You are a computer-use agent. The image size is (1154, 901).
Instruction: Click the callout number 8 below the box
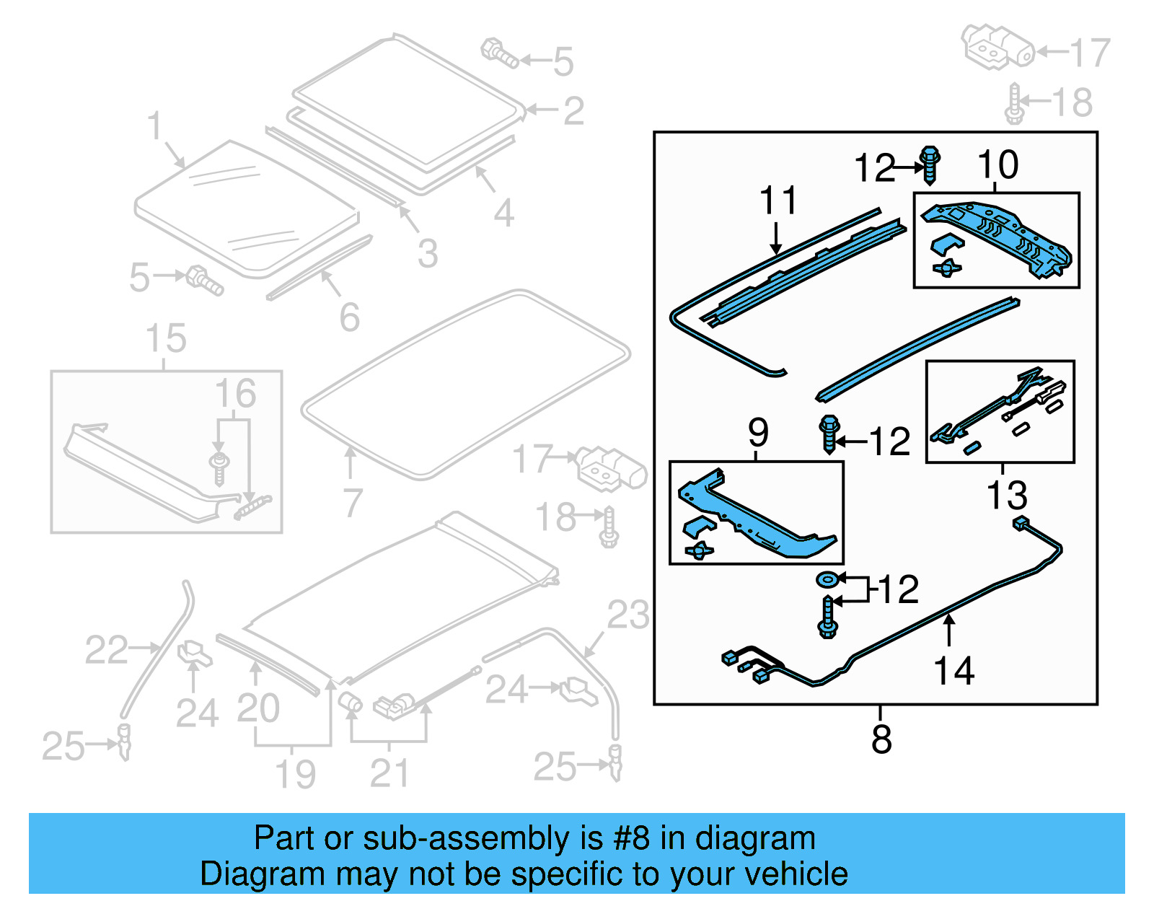click(881, 739)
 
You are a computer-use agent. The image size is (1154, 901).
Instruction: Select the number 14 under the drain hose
click(953, 671)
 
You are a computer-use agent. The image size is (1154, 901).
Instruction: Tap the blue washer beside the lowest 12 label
click(827, 579)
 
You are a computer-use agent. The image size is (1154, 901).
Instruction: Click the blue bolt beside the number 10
click(930, 165)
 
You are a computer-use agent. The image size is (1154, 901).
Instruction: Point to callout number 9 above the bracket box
click(758, 433)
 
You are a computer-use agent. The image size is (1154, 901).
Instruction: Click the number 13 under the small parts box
click(1006, 496)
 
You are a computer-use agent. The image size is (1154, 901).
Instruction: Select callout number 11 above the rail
click(778, 201)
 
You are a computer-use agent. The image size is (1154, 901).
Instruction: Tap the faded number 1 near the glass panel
click(154, 126)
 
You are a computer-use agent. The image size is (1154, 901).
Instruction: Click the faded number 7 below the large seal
click(352, 503)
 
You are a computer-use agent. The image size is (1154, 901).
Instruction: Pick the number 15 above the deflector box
click(166, 338)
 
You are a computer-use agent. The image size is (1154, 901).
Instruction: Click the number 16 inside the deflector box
click(235, 394)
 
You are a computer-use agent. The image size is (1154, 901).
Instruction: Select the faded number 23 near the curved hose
click(627, 615)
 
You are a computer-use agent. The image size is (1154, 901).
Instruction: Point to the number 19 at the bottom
click(296, 775)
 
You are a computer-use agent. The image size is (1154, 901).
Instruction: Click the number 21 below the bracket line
click(389, 774)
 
